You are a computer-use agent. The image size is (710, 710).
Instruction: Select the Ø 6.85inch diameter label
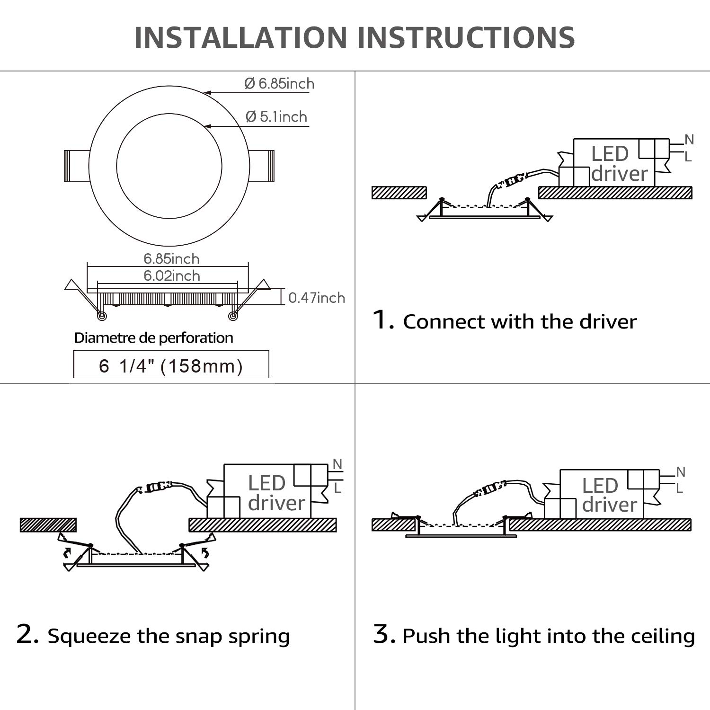(x=279, y=84)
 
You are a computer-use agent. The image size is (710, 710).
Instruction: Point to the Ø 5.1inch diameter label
(x=276, y=116)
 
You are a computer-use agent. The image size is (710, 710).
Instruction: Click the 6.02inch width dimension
(x=172, y=275)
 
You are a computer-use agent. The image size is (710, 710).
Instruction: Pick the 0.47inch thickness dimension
(x=317, y=298)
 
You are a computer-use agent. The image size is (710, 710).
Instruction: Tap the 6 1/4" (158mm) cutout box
(x=171, y=365)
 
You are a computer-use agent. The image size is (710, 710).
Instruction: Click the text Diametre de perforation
(x=154, y=338)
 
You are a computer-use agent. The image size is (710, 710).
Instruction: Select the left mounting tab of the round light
(x=77, y=166)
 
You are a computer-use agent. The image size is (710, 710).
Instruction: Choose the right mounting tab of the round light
(x=262, y=166)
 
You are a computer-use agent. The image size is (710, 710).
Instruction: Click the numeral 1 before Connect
(x=383, y=320)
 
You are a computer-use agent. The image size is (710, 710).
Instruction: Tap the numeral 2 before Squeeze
(x=27, y=635)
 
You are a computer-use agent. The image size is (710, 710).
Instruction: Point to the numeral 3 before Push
(x=383, y=635)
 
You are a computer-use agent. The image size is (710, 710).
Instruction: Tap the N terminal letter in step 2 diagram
(x=337, y=464)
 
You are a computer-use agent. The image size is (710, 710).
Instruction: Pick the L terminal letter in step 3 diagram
(x=680, y=488)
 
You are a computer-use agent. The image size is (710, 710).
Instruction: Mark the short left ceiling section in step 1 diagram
(x=399, y=193)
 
